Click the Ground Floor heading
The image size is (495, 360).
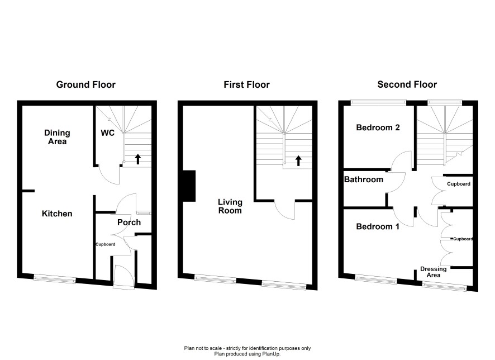tap(86, 84)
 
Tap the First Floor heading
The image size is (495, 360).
tap(246, 84)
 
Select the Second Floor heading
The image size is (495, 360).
tap(407, 84)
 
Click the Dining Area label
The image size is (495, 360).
tap(57, 137)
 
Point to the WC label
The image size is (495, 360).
tap(108, 133)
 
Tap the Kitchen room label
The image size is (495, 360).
tap(57, 214)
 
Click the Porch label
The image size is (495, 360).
tap(129, 222)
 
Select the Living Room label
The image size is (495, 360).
tap(230, 206)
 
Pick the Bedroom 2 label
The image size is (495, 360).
tap(378, 127)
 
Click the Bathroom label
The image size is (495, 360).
tap(364, 179)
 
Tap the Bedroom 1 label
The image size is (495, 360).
tap(378, 226)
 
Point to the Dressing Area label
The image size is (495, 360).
tap(434, 272)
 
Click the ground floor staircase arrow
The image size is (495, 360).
tap(137, 159)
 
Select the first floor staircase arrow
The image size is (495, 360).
tap(298, 160)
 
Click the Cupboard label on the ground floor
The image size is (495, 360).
tap(106, 244)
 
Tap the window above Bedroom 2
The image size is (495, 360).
tap(378, 102)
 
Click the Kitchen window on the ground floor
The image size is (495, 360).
tap(55, 278)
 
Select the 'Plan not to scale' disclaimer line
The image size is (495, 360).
tap(247, 348)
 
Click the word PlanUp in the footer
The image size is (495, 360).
tap(272, 354)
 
